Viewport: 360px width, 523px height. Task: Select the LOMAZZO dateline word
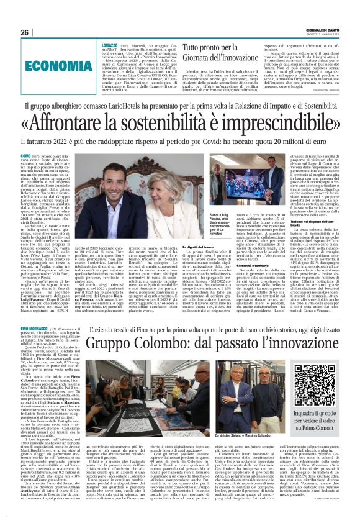pos(109,45)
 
